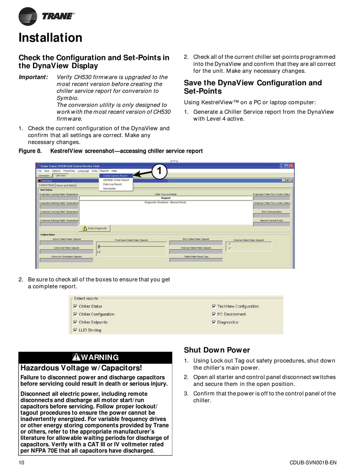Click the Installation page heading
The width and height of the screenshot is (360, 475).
50,38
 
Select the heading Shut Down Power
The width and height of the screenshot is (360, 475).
217,350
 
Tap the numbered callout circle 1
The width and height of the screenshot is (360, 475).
160,171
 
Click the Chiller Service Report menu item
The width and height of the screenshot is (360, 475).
115,176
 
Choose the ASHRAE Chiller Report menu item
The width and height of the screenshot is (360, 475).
116,180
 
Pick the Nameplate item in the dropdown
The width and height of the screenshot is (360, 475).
110,188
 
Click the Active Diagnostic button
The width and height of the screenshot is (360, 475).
95,228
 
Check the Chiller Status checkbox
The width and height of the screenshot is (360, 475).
75,306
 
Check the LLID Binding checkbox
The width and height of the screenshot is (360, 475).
75,330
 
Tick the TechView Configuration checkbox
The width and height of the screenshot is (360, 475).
214,306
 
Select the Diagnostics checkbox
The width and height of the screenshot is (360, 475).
214,322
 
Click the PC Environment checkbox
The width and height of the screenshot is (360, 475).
214,314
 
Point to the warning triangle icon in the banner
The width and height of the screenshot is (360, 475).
76,357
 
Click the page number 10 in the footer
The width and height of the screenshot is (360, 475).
22,462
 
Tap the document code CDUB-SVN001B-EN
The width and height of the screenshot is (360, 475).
313,462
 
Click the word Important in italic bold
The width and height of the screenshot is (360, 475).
33,77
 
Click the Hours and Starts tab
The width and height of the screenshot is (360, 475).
66,185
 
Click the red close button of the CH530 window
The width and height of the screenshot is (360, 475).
291,166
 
